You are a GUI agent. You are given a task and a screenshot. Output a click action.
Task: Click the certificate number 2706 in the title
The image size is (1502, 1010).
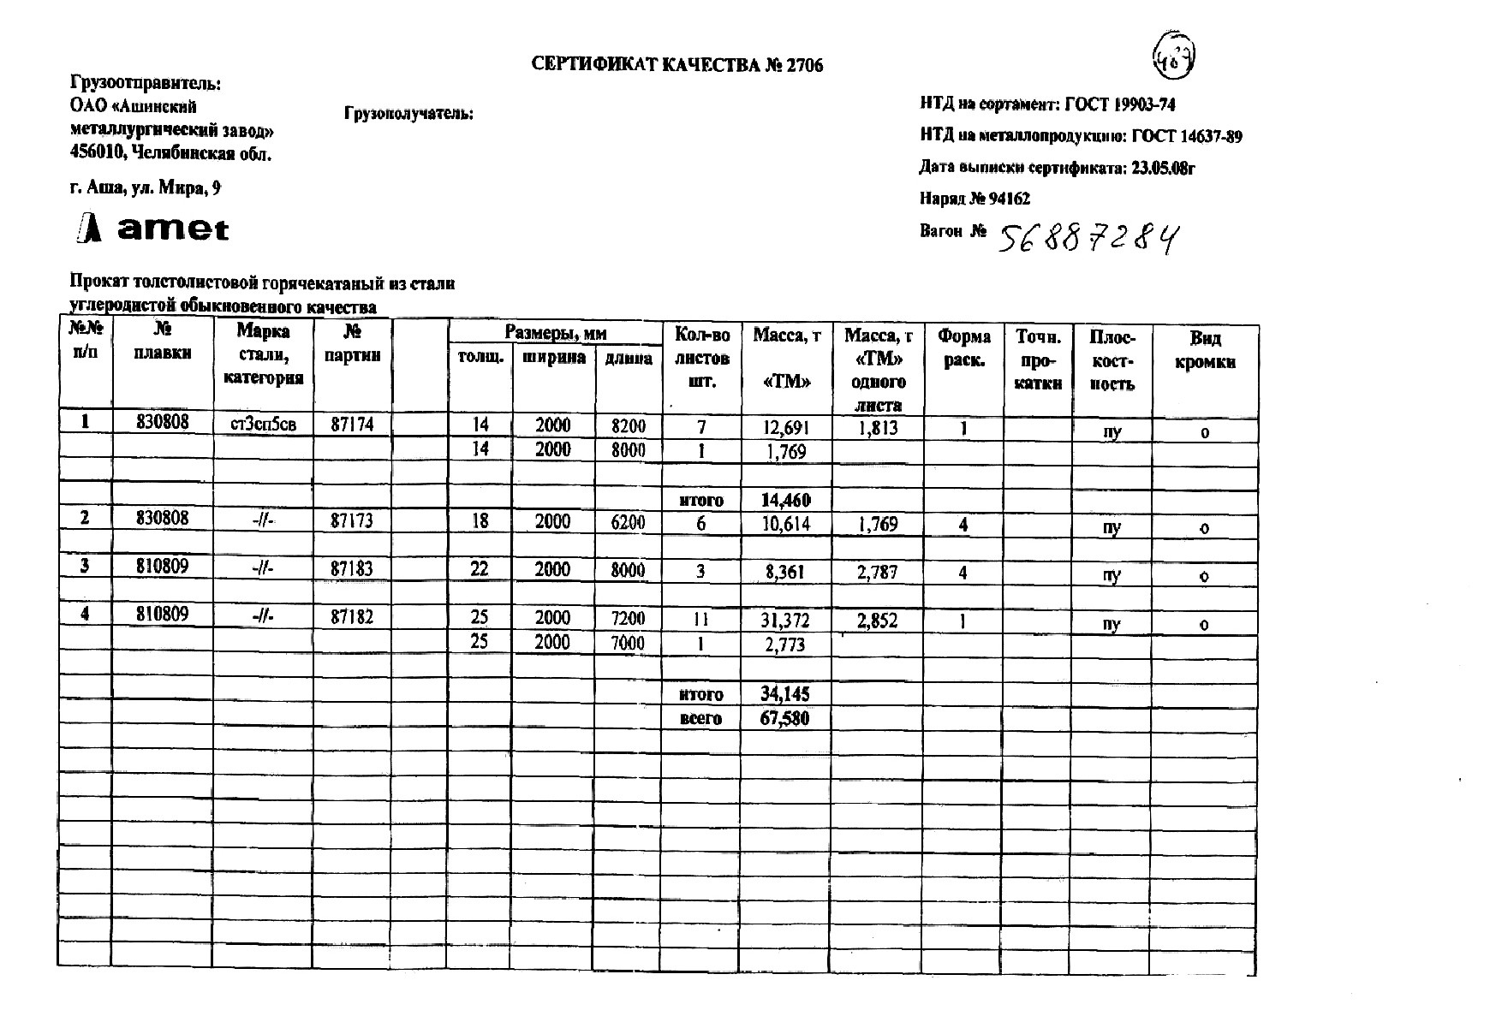(804, 66)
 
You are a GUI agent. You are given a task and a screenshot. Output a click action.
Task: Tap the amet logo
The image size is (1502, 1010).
(153, 229)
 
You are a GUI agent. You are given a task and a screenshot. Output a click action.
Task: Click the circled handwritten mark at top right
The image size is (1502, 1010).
(1174, 57)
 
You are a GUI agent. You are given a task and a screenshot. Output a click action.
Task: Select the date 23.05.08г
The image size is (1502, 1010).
(1163, 168)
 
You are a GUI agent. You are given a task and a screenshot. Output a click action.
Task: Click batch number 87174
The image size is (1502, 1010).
(352, 424)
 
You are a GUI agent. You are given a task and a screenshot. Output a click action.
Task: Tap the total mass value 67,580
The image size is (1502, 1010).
(784, 718)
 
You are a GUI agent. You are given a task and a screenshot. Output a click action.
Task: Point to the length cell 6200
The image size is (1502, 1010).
(628, 522)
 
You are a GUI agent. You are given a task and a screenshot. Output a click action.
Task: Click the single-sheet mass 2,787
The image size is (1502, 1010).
(878, 572)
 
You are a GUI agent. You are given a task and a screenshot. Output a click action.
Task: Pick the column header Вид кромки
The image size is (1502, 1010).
(1205, 350)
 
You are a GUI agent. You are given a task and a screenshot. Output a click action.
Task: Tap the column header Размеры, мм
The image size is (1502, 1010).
(555, 333)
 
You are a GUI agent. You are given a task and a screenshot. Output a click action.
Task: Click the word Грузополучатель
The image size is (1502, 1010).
(408, 113)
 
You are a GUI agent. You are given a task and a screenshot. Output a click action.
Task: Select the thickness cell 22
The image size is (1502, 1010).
(480, 569)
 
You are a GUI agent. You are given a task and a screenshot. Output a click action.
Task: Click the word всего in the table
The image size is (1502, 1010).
(700, 718)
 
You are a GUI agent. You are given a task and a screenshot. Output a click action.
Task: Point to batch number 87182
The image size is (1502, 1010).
(352, 616)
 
